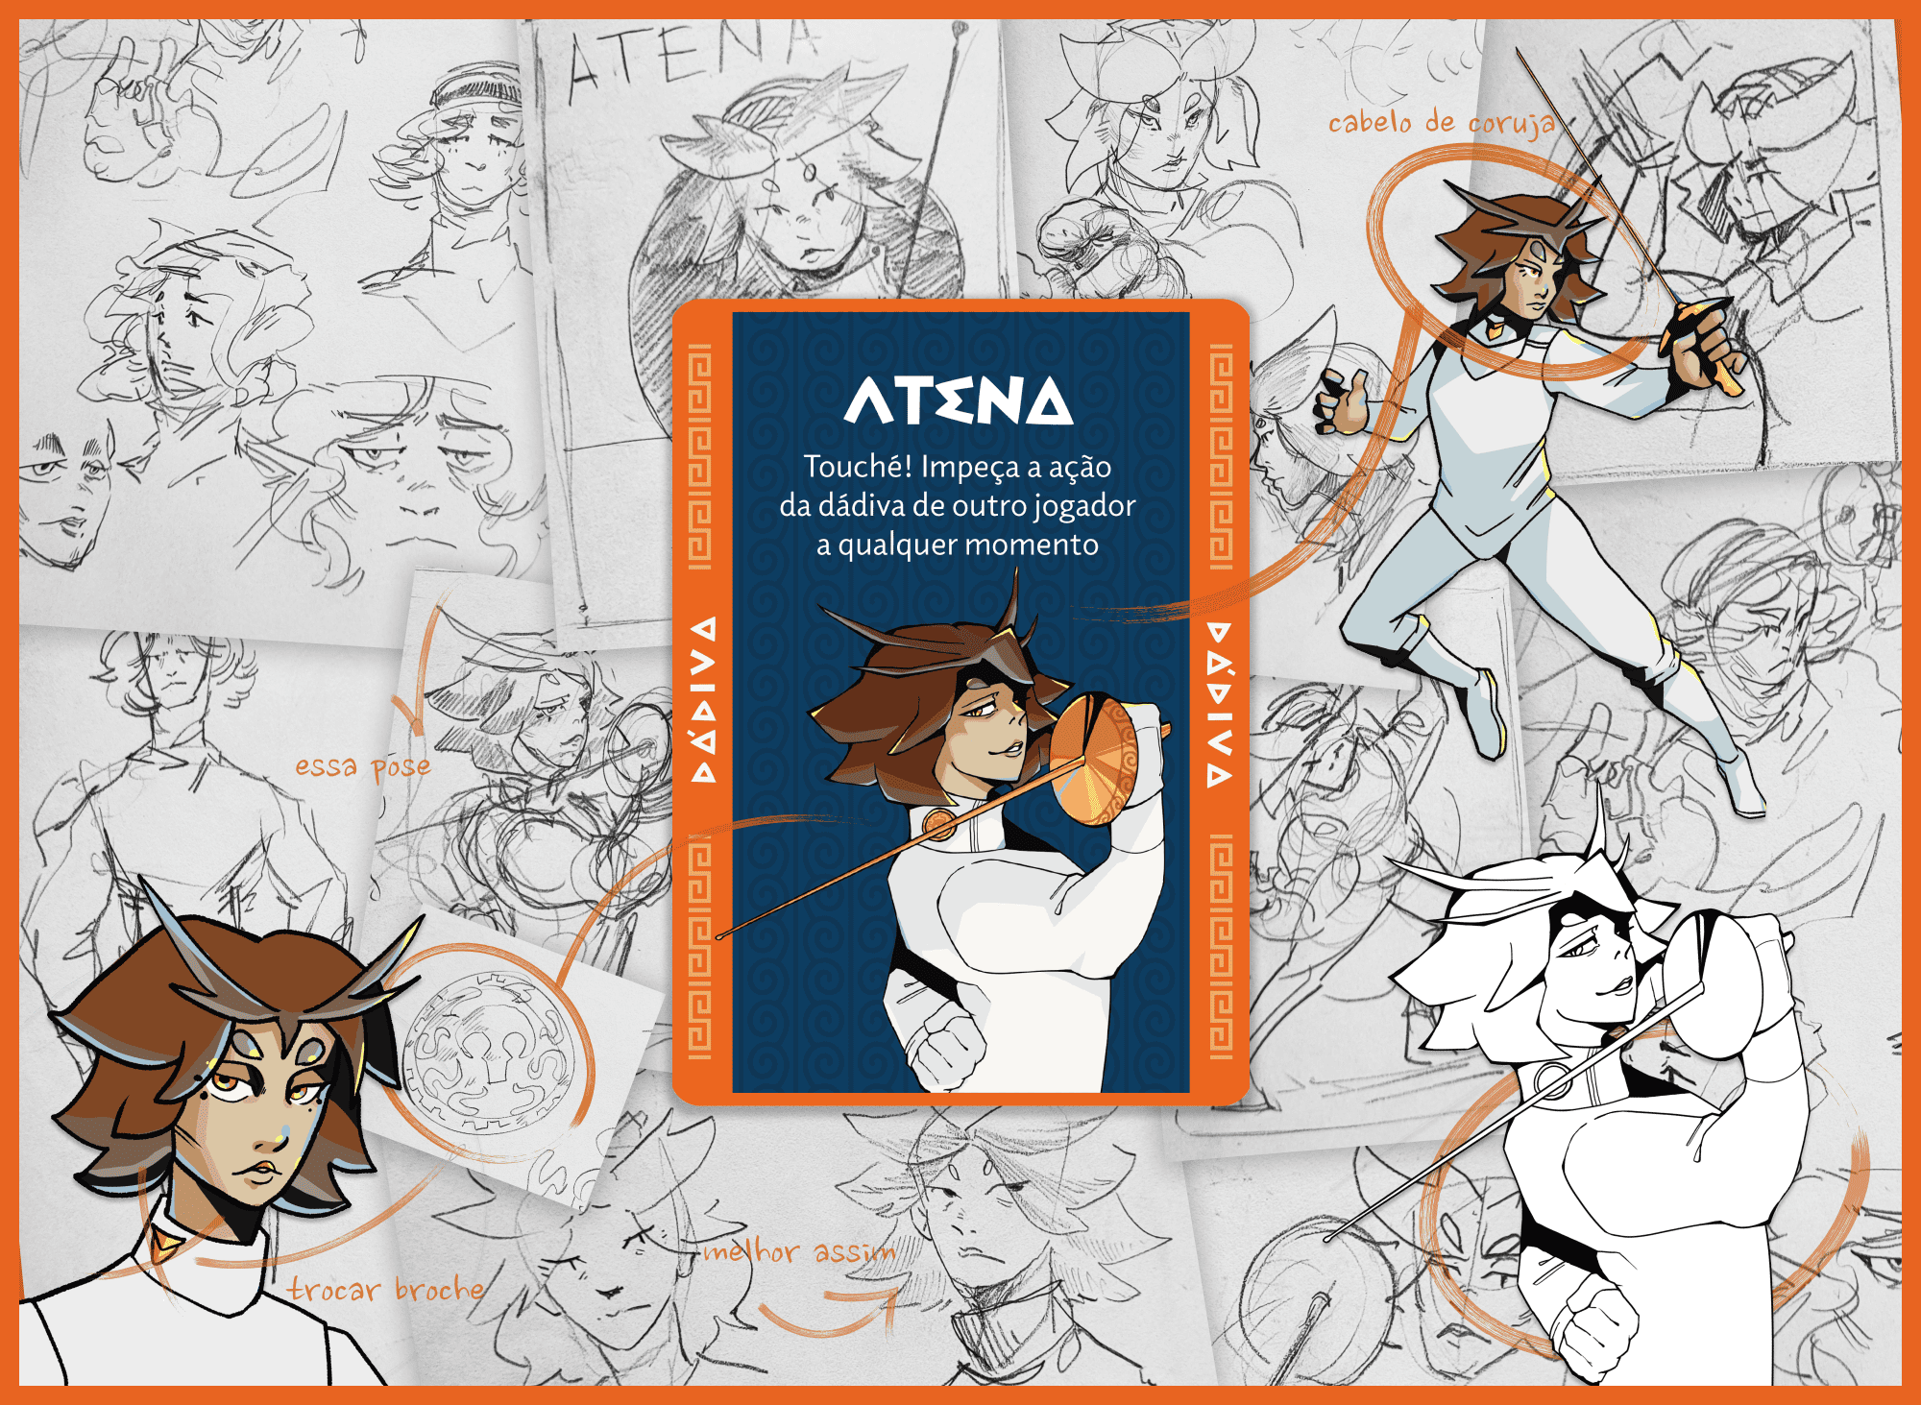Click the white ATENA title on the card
[958, 400]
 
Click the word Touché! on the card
[858, 467]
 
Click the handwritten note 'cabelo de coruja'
[1442, 122]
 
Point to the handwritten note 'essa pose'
[362, 766]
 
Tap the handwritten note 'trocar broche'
[386, 1289]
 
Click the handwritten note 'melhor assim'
[799, 1250]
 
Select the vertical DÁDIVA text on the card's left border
[704, 699]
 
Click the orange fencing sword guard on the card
[1094, 762]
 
